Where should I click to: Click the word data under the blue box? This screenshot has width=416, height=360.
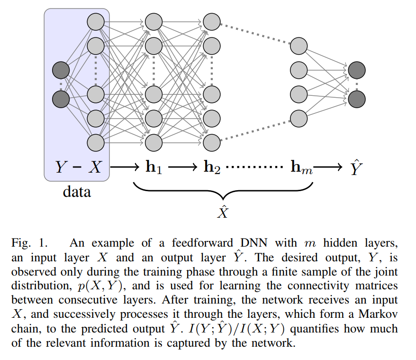click(x=77, y=193)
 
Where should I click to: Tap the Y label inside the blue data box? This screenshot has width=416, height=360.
click(x=62, y=166)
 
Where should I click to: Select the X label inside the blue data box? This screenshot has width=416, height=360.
click(x=95, y=166)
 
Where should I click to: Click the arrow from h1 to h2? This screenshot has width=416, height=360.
click(x=182, y=166)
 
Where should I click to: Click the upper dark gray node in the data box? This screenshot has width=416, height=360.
click(x=61, y=70)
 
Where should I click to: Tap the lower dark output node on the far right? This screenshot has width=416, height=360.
click(x=356, y=99)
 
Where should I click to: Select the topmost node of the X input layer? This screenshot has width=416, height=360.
click(x=96, y=21)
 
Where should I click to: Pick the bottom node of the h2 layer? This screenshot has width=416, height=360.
click(x=211, y=141)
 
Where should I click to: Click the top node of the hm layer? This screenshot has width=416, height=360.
click(x=298, y=46)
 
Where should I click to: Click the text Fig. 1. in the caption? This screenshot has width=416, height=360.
click(x=29, y=243)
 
